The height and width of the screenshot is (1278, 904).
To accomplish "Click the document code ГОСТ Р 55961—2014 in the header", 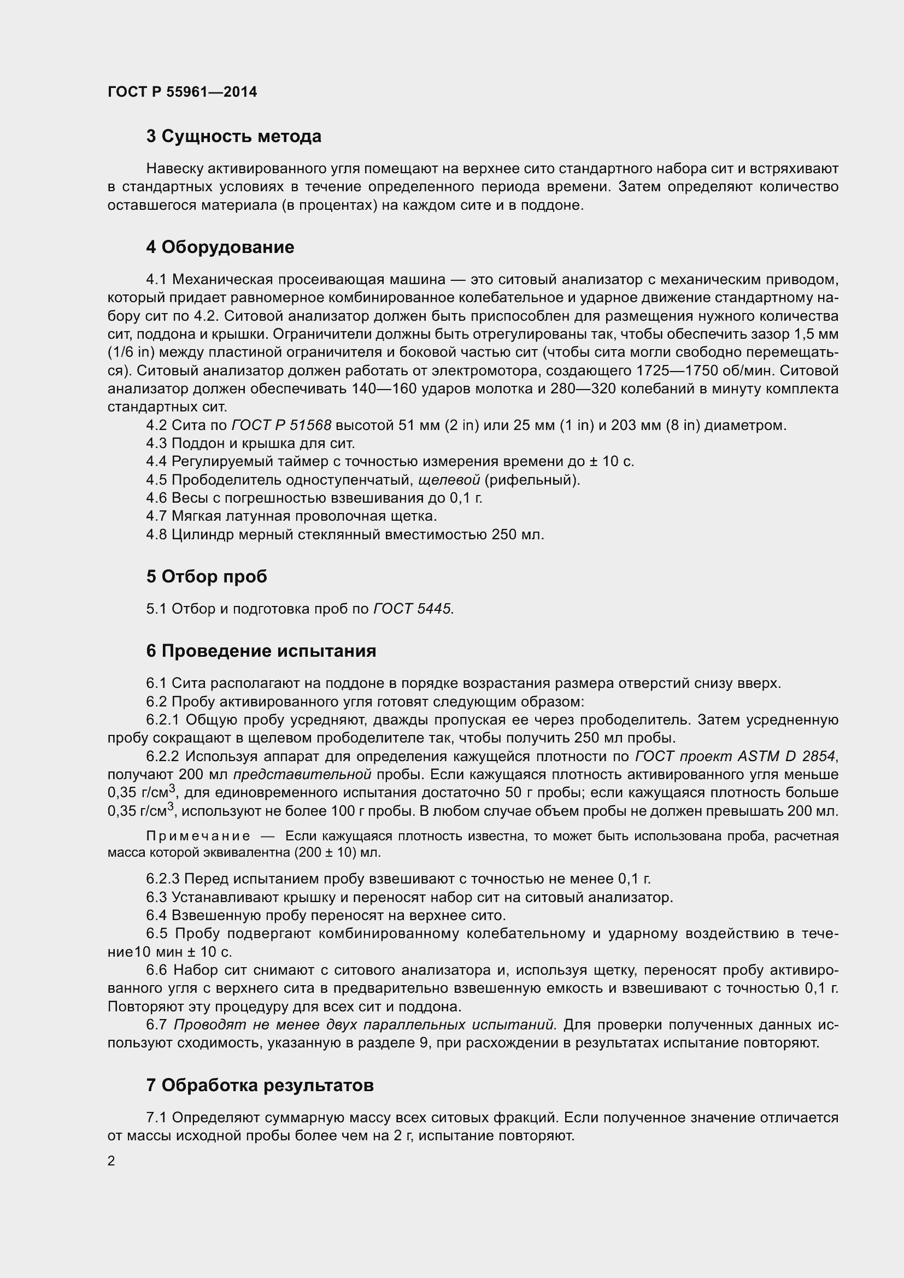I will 182,92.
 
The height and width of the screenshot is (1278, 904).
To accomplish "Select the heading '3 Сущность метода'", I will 233,137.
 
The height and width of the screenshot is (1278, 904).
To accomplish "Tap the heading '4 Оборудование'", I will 220,247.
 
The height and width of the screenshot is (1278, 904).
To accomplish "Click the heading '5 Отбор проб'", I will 207,576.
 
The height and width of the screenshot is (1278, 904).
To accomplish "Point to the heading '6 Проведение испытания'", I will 261,651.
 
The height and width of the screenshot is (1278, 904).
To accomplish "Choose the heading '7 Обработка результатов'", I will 260,1085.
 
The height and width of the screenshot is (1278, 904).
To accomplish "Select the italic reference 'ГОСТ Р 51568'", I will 281,425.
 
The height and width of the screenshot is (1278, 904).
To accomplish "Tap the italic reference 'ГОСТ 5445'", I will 413,609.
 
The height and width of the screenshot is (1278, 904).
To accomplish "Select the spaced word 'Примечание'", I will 198,837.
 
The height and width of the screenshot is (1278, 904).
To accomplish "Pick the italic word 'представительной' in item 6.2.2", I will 302,775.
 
